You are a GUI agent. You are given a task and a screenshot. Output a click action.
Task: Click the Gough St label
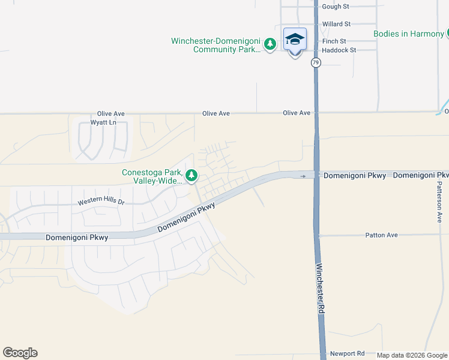(x=336, y=7)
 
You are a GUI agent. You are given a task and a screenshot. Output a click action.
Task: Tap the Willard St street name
(x=336, y=24)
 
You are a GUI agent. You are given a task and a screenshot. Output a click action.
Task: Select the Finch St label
(x=334, y=41)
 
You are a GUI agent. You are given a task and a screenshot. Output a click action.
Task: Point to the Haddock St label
(x=339, y=50)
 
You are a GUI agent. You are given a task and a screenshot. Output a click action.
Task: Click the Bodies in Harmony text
(x=408, y=34)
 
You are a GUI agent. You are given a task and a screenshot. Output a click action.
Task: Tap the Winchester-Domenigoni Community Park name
(x=216, y=45)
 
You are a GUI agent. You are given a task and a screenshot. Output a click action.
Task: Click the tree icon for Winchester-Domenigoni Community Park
(x=270, y=44)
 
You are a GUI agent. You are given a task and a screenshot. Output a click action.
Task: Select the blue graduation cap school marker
(x=295, y=40)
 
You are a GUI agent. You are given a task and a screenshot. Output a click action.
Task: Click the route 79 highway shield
(x=316, y=62)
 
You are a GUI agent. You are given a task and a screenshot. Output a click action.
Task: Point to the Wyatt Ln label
(x=103, y=122)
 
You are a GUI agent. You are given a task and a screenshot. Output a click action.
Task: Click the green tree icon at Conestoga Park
(x=191, y=176)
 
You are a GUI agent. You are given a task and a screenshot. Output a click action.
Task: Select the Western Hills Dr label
(x=101, y=202)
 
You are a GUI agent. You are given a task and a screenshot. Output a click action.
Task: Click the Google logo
(x=20, y=353)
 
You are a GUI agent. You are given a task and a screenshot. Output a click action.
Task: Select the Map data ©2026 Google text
(x=412, y=355)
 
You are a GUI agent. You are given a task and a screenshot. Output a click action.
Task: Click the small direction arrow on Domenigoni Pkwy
(x=303, y=176)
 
